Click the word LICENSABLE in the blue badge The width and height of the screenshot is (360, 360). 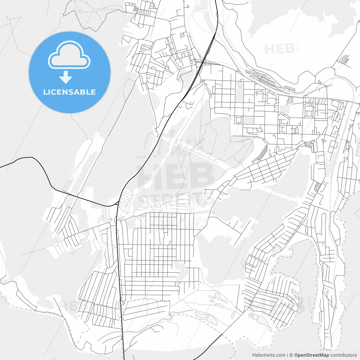[x=69, y=92]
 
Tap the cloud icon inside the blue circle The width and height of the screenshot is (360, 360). [x=69, y=55]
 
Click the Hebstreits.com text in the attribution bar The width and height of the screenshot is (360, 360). [x=269, y=355]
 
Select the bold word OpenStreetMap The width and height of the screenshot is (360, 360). [x=312, y=355]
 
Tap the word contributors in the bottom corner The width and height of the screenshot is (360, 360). [x=343, y=355]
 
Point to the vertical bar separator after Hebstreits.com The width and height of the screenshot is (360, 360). [x=287, y=355]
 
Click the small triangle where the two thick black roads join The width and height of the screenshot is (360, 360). [x=116, y=203]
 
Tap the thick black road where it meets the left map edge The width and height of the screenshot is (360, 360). [x=1, y=167]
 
